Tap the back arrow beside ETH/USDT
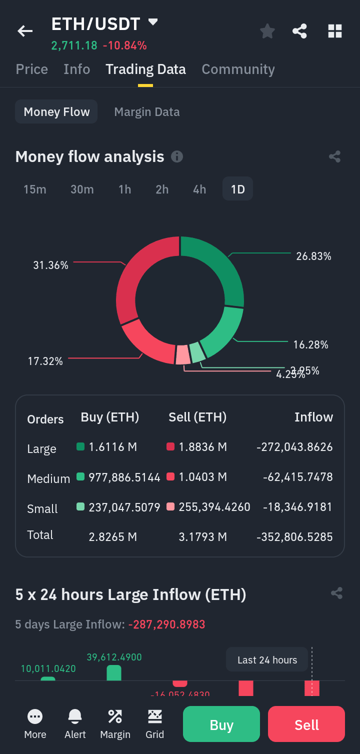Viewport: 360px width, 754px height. [x=25, y=31]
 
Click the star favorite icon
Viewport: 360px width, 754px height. [x=267, y=31]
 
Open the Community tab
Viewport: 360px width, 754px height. [x=238, y=69]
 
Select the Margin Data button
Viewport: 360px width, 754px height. [x=146, y=111]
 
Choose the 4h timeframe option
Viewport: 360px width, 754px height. [x=199, y=189]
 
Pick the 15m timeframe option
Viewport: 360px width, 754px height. [x=35, y=189]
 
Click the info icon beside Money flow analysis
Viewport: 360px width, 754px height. [x=177, y=157]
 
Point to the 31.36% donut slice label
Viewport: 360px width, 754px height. [x=50, y=265]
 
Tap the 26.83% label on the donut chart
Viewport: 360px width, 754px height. [x=313, y=256]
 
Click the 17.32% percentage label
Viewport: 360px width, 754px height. [x=45, y=361]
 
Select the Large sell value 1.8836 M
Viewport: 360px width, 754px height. [x=202, y=447]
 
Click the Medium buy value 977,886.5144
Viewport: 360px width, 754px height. [x=124, y=477]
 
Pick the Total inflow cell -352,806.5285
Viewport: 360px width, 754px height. [x=294, y=537]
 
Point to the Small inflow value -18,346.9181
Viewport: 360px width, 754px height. [x=297, y=507]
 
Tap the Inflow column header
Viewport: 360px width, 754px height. [x=313, y=417]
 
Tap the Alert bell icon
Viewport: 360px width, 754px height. [x=75, y=717]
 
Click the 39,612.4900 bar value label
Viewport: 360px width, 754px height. [x=114, y=657]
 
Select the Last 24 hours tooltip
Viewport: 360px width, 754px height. [x=267, y=660]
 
